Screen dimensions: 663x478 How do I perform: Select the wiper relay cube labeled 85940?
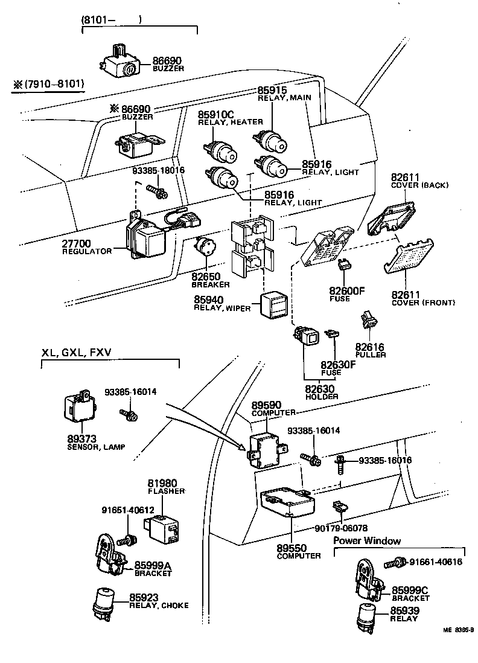(x=272, y=304)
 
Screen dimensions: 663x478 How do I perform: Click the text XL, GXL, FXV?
(x=77, y=353)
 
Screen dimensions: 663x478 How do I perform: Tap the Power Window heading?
(x=367, y=540)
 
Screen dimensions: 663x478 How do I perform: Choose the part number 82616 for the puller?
(x=370, y=347)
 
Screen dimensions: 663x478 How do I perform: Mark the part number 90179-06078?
(x=341, y=527)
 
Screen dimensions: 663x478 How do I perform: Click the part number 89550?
(x=292, y=548)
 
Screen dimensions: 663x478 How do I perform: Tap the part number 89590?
(x=266, y=405)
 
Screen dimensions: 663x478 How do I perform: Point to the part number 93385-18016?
(x=159, y=171)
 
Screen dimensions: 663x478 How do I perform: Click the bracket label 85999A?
(x=153, y=565)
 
